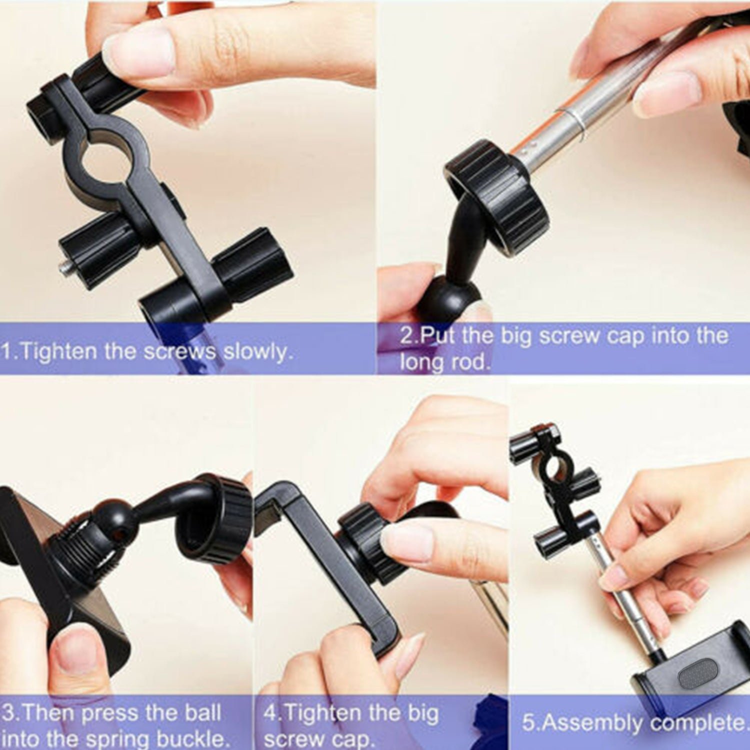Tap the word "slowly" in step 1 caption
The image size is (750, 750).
coord(256,352)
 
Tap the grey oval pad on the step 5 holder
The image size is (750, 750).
coord(697,672)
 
